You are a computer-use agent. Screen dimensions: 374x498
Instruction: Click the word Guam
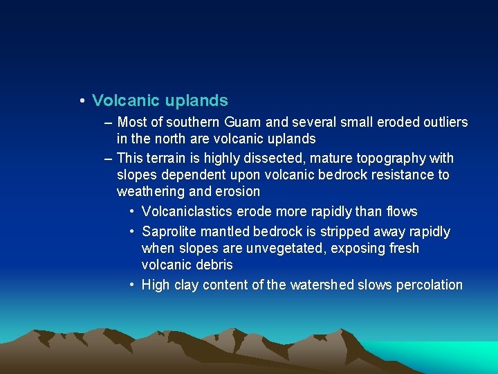243,123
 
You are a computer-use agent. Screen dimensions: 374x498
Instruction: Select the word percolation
430,285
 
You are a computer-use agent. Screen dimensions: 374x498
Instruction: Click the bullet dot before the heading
82,101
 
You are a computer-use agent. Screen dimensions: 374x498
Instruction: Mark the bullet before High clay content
131,285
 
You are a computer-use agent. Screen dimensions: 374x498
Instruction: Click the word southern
195,123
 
